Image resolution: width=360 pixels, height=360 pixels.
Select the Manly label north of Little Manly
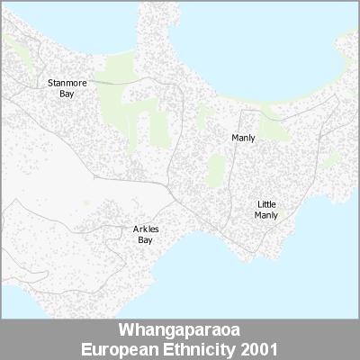click(x=243, y=138)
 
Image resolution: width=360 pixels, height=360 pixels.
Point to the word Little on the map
click(x=266, y=205)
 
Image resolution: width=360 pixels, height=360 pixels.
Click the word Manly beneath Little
click(x=266, y=215)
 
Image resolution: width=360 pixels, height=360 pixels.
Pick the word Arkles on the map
click(x=145, y=230)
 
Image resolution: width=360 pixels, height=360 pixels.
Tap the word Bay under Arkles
click(x=145, y=240)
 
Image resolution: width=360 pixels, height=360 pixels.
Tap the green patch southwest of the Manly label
click(x=216, y=167)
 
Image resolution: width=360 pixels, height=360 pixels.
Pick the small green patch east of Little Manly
click(x=330, y=162)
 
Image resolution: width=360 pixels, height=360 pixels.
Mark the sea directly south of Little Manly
click(x=270, y=279)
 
